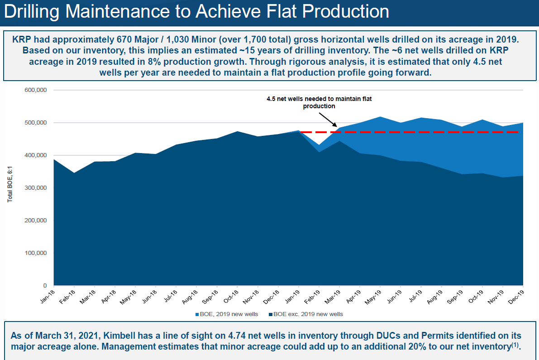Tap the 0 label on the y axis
tap(45, 286)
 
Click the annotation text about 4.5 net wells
tap(319, 102)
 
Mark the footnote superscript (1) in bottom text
tap(515, 346)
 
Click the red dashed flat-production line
tap(407, 132)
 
